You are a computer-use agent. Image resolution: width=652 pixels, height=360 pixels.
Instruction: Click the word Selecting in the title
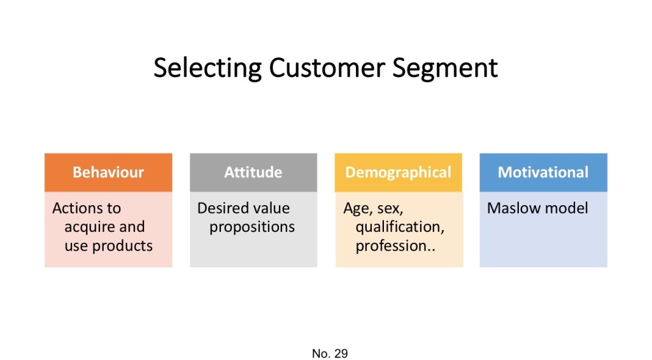coord(208,68)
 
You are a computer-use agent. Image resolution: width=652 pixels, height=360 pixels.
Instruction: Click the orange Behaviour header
coord(108,172)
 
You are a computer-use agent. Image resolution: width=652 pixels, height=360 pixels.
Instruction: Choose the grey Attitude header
coord(253,172)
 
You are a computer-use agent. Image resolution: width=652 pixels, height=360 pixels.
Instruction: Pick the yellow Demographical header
coord(399,172)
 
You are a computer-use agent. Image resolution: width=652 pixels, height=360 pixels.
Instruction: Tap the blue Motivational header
coord(543,172)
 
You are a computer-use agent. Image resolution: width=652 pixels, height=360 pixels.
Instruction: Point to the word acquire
coord(87,227)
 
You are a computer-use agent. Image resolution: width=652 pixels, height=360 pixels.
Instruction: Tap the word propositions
coord(252,227)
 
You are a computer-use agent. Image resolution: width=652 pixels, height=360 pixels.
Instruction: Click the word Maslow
coord(514,208)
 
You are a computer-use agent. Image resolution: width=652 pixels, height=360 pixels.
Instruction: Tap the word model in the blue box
coord(567,208)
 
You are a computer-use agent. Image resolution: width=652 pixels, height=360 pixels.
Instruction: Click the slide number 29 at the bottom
coord(341,354)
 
